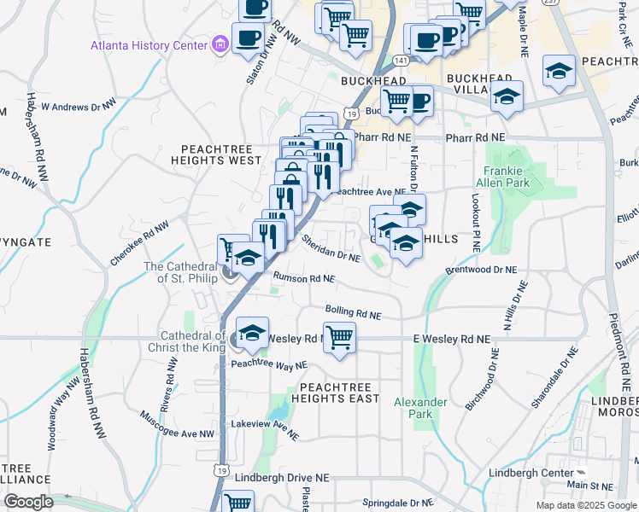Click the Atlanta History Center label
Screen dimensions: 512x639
click(x=149, y=44)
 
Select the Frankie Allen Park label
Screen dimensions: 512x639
click(x=507, y=177)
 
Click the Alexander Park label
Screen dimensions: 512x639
click(x=420, y=408)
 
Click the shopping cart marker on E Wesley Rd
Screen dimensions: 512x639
click(x=340, y=338)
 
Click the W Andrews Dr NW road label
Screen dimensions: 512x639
click(x=79, y=107)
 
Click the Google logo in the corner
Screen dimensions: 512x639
click(x=29, y=502)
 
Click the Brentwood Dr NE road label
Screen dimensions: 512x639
click(x=482, y=269)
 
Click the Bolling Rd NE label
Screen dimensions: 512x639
click(x=353, y=312)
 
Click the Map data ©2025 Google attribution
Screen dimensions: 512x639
click(x=585, y=505)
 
